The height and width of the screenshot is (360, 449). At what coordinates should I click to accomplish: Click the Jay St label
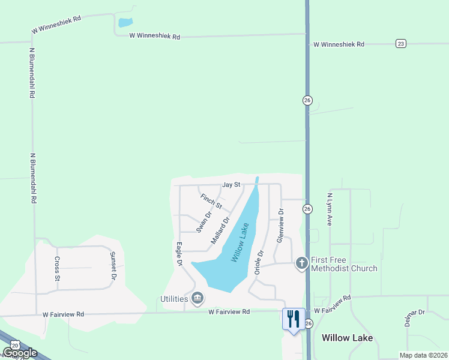coord(231,185)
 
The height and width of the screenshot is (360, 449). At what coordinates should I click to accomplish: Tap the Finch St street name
coord(211,201)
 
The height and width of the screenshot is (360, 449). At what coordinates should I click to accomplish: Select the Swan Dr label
coord(205,221)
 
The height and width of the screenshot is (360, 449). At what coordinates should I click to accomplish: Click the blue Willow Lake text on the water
coord(240,242)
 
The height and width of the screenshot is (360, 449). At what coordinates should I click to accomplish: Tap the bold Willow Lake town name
coord(347,338)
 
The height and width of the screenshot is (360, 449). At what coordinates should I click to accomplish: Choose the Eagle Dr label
coord(179,254)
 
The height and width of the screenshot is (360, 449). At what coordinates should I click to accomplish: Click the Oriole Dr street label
coord(259,262)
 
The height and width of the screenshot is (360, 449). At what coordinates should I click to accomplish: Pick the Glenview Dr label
coord(280,225)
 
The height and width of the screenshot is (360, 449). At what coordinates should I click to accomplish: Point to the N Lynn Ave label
coord(330,210)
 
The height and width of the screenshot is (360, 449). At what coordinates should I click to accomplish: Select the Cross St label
coord(58,269)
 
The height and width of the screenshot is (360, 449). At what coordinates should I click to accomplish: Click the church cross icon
coord(302,263)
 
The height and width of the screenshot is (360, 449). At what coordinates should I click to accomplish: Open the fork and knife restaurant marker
coord(294,319)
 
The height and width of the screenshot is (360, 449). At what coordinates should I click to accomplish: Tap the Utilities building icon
coord(197,298)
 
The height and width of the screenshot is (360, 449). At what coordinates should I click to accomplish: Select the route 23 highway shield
coord(401,43)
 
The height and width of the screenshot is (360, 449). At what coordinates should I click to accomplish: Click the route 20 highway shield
coord(13,346)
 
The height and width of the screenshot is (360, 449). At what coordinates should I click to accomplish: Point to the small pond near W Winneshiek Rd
coord(125,23)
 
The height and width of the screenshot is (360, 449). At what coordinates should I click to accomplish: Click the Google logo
coord(20,353)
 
